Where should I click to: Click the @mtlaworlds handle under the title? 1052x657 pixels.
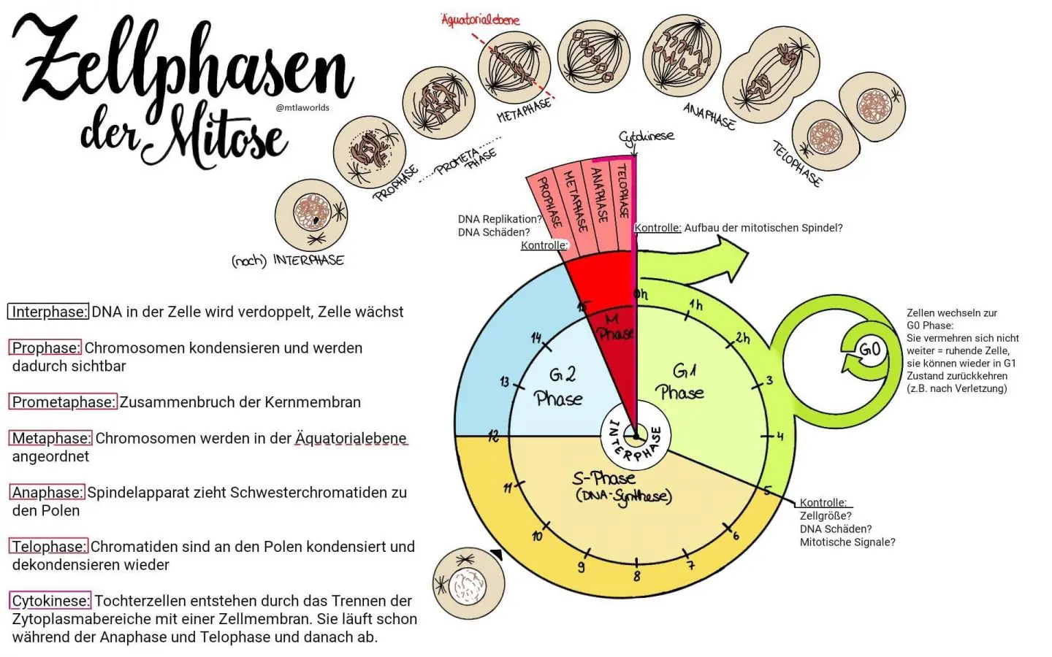(302, 107)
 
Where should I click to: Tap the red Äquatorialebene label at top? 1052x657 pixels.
(480, 20)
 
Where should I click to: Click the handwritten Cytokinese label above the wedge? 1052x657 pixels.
(646, 137)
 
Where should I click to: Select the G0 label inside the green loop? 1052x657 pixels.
(869, 349)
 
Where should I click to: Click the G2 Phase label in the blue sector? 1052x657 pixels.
(559, 386)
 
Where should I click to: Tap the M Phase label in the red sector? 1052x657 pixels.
(614, 327)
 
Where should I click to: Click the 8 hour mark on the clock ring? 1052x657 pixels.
(636, 576)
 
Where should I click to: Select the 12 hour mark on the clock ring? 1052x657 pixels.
(493, 436)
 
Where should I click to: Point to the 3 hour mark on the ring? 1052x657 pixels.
(769, 380)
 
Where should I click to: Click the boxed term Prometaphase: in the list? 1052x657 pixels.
(63, 402)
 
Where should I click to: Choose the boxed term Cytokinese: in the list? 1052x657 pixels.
(50, 601)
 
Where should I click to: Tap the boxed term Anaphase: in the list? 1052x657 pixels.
(47, 493)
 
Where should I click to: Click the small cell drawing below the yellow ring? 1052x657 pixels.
(468, 584)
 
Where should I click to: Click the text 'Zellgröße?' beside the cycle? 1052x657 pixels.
(826, 516)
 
